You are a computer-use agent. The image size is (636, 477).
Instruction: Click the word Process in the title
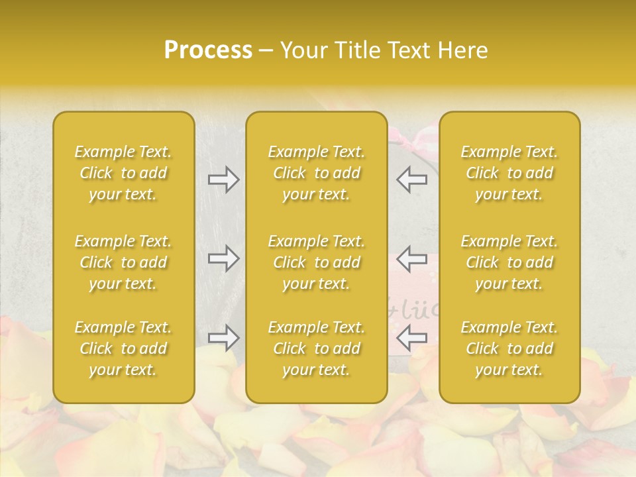click(x=208, y=50)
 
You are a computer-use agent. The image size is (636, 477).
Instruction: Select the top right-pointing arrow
click(x=223, y=180)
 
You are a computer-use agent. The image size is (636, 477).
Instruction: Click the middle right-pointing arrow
click(x=223, y=258)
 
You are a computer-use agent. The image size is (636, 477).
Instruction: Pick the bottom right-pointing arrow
click(x=223, y=338)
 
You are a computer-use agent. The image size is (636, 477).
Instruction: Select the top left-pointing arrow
click(x=411, y=180)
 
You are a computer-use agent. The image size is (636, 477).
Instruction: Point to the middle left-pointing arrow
click(x=411, y=258)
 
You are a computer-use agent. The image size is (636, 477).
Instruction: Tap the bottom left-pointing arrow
click(x=411, y=338)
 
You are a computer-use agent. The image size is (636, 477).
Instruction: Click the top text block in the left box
click(x=123, y=173)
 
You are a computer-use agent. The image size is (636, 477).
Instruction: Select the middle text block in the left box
click(x=123, y=262)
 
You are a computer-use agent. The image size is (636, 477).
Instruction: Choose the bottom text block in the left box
click(x=123, y=348)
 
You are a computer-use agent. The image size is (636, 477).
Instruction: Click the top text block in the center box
click(x=317, y=173)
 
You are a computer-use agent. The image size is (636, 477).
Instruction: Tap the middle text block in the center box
click(x=317, y=262)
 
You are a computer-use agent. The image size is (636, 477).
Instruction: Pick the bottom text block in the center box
click(x=317, y=348)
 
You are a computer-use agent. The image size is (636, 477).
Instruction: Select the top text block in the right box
click(x=509, y=173)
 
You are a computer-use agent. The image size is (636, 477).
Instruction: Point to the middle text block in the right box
click(x=509, y=262)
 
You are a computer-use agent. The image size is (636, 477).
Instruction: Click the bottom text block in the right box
click(x=509, y=348)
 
